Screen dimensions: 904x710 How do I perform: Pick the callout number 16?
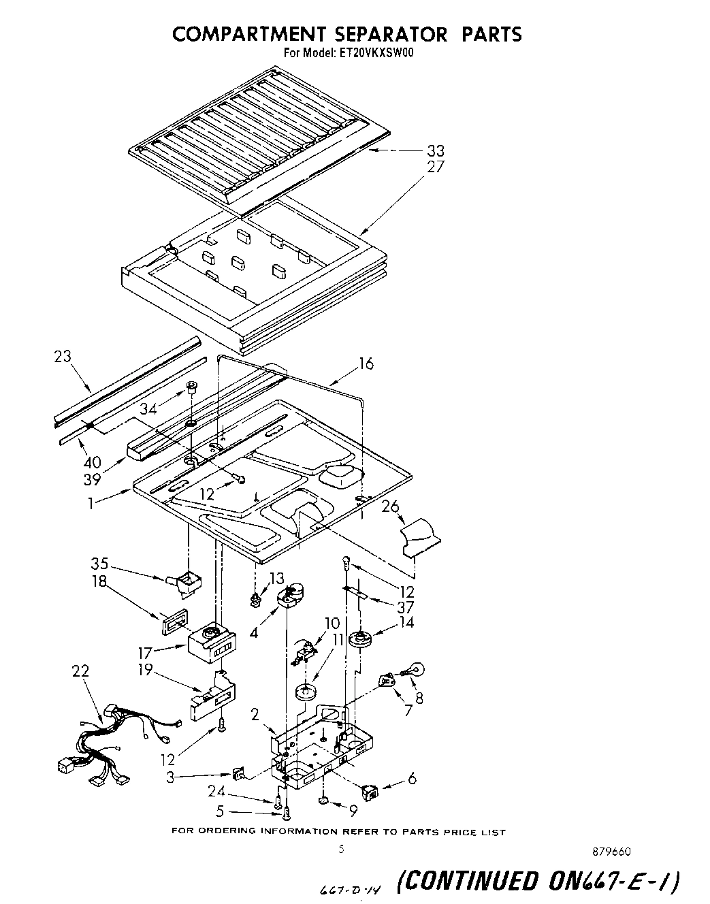coord(366,364)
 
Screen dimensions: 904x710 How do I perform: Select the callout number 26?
coord(390,506)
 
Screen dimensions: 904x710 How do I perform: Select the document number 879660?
coord(617,852)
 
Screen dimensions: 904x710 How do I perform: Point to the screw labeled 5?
coord(287,811)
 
